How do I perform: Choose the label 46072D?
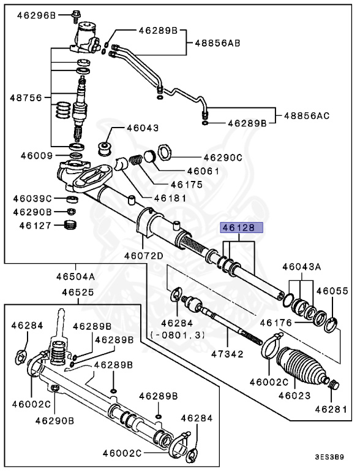(143, 255)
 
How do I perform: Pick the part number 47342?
(227, 354)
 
